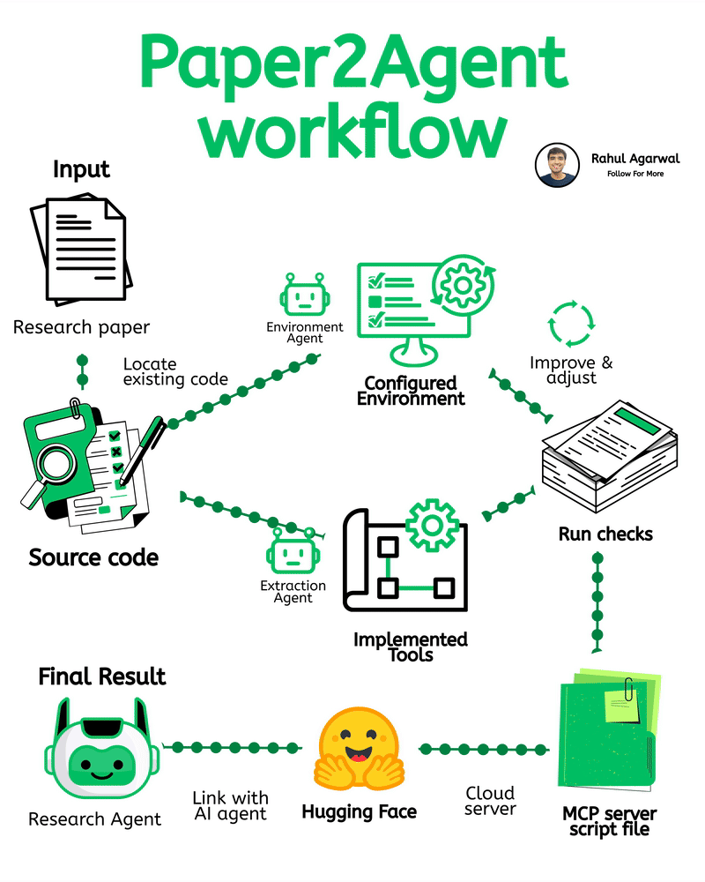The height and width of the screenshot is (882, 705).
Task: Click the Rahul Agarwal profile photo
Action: point(556,165)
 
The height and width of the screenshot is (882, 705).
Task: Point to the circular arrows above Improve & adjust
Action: point(571,325)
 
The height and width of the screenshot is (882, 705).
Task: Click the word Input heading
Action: point(81,168)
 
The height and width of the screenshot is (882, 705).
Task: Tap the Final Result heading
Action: point(101,676)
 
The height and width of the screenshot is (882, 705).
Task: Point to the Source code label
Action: point(93,557)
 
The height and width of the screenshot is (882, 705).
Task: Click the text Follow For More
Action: point(635,174)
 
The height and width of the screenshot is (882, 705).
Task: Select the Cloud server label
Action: point(490,801)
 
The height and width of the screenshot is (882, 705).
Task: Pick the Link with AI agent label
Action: point(230,806)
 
